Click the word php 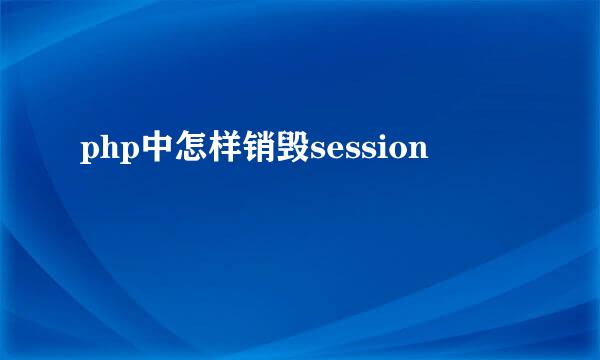(x=103, y=152)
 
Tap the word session (x=369, y=151)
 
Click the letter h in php (x=103, y=150)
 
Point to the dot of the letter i (x=379, y=141)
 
